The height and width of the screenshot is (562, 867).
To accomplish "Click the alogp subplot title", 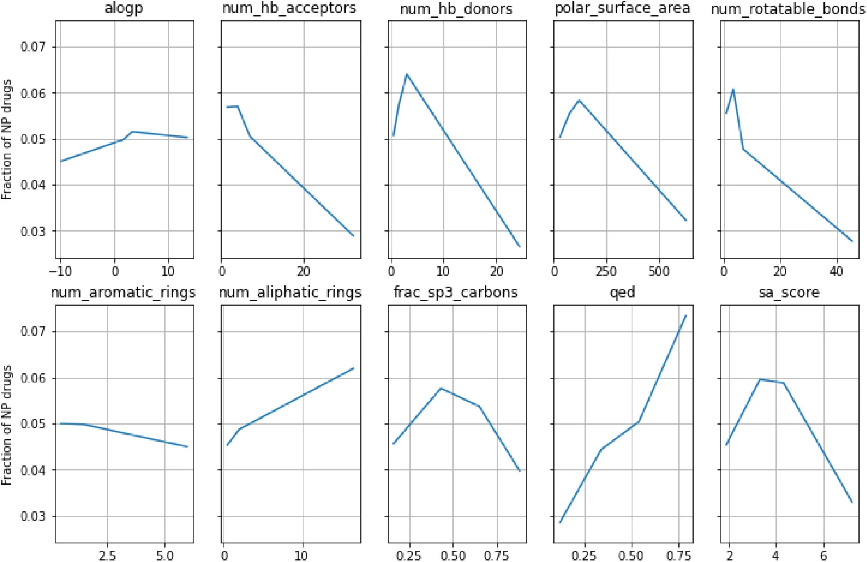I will (x=124, y=8).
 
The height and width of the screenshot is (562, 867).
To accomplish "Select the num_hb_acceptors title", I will (x=289, y=8).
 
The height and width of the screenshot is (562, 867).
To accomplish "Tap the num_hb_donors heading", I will (x=456, y=9).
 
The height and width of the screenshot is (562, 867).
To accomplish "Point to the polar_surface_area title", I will (x=622, y=8).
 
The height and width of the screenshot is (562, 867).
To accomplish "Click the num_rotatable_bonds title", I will (x=788, y=9).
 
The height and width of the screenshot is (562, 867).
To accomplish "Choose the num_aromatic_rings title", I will (x=123, y=293).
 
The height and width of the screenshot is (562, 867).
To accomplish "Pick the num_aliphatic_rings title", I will (x=290, y=293).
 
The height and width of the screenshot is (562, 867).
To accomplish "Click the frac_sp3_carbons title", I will (x=456, y=293).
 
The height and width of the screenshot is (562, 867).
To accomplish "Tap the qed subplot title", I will (x=622, y=293).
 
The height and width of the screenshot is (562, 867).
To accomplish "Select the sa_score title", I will (x=789, y=293).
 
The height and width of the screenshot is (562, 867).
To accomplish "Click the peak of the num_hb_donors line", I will (x=407, y=74).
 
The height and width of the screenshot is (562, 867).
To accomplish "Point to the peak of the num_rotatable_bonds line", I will (x=733, y=90).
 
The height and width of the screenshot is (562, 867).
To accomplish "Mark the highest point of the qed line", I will (x=686, y=315).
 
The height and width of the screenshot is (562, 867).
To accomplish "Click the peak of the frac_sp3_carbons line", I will (x=441, y=388).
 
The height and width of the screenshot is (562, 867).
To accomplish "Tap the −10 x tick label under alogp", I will (x=60, y=271).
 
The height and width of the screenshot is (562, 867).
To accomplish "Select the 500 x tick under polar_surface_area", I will (x=659, y=271).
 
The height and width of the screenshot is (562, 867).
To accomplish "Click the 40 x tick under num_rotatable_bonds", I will (x=837, y=271).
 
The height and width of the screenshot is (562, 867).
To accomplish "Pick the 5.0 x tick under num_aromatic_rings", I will (x=164, y=555).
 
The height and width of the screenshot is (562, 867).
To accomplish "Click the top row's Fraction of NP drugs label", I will (x=7, y=139).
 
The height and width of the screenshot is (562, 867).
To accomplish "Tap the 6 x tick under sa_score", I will (x=823, y=555).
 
